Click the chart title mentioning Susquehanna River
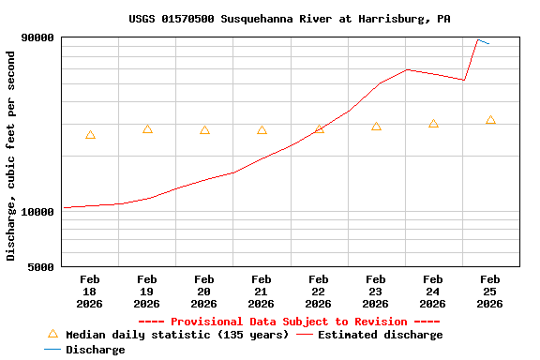(x=289, y=19)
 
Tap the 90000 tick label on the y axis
(x=37, y=37)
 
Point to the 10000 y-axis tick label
(x=37, y=212)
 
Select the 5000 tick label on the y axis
(x=41, y=267)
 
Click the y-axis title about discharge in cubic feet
(x=11, y=156)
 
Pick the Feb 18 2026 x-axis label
(x=90, y=291)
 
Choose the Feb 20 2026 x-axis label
(x=203, y=291)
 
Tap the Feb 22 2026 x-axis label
(x=318, y=291)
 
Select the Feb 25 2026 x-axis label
(x=489, y=291)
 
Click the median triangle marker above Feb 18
(x=90, y=135)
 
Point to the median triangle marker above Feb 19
(x=147, y=129)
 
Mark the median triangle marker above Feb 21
(x=262, y=130)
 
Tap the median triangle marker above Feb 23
(x=376, y=127)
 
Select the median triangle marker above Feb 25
(x=490, y=120)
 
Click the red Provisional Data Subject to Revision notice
(x=289, y=322)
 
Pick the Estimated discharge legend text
(x=380, y=335)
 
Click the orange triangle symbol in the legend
(x=52, y=334)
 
